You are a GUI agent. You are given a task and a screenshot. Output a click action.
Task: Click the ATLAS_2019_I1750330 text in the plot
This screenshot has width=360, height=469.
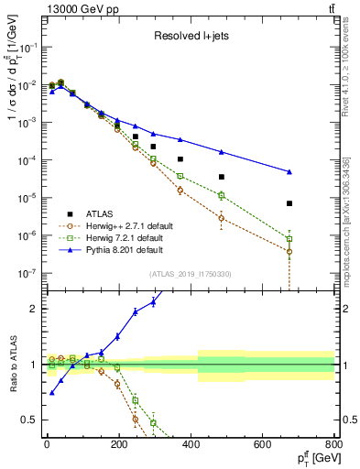click(190, 274)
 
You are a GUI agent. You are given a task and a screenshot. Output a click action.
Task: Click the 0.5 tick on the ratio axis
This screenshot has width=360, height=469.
click(31, 420)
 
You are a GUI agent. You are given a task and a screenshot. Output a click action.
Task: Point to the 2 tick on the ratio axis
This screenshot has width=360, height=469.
click(34, 309)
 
